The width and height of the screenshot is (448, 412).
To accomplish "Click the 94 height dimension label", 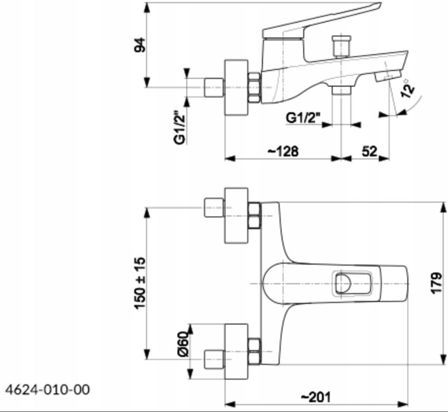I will click(142, 45).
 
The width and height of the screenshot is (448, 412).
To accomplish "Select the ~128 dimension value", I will click(283, 151).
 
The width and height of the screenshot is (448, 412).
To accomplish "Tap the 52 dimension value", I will click(369, 151).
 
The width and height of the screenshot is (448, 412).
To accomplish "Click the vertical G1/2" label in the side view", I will click(180, 128).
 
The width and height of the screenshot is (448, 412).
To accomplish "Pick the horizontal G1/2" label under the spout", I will click(303, 118).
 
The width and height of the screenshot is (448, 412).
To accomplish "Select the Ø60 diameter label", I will click(184, 344).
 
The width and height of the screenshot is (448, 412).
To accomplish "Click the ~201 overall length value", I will click(316, 397).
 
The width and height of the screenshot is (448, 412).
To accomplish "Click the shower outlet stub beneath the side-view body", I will click(342, 90).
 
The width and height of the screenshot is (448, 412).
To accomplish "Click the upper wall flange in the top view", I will click(236, 215).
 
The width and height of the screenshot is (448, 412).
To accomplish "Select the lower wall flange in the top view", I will click(236, 351).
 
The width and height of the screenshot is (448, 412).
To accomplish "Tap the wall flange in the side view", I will click(236, 87).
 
